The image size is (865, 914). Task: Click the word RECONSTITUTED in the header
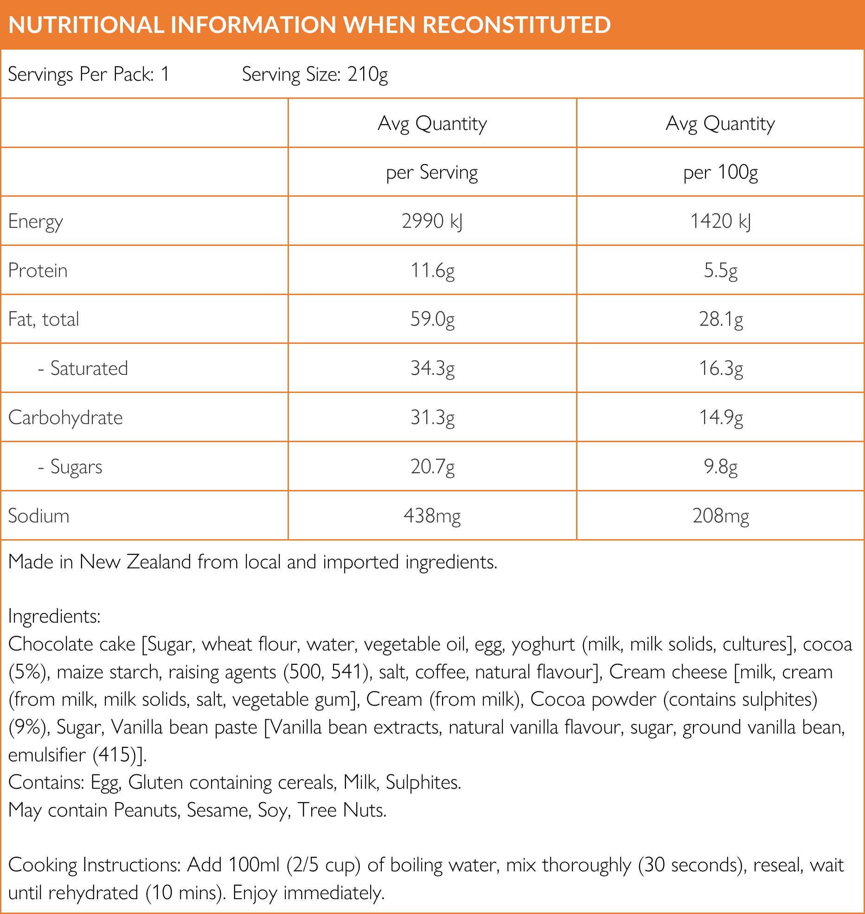tap(517, 25)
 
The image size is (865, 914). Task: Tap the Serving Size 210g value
tap(367, 74)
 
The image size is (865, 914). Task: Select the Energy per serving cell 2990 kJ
tap(432, 221)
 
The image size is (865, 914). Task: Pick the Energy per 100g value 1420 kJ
tap(720, 221)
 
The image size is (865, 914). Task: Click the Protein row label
tap(38, 270)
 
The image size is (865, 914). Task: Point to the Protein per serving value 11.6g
tap(432, 270)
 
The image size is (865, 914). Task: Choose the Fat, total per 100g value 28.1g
tap(720, 319)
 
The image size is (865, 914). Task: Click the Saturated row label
tap(89, 368)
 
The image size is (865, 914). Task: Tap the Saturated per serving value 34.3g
tap(432, 368)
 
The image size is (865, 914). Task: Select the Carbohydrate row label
tap(65, 418)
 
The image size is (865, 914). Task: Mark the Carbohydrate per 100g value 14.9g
tap(720, 418)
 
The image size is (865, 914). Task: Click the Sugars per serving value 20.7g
tap(432, 467)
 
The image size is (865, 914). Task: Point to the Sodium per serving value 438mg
tap(432, 516)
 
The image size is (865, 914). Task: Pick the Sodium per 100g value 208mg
tap(720, 516)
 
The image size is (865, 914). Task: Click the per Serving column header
tap(432, 173)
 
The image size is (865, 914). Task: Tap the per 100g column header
tap(720, 173)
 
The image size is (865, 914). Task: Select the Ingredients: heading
tap(54, 617)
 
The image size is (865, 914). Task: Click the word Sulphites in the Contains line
tap(423, 783)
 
